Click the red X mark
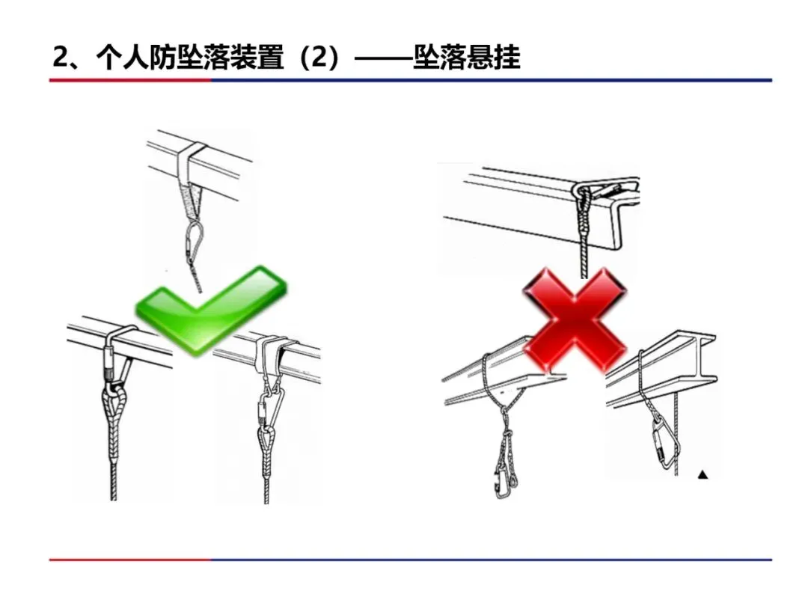[575, 320]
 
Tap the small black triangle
[703, 474]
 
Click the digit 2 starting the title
[61, 58]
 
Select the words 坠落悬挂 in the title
[467, 58]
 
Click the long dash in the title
[382, 58]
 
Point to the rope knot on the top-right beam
[584, 201]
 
